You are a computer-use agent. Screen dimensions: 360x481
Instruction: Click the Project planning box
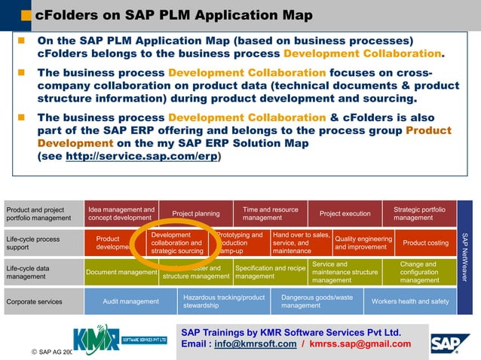(x=196, y=214)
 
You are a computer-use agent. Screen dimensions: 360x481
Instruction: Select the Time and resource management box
(x=270, y=214)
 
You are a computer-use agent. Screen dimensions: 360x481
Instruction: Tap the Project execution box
(x=345, y=214)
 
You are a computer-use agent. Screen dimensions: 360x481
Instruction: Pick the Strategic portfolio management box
(x=418, y=214)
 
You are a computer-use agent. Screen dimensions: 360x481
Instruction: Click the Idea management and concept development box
(x=121, y=214)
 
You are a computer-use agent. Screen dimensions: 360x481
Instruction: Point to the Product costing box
(x=425, y=243)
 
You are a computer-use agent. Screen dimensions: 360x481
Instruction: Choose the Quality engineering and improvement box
(x=363, y=243)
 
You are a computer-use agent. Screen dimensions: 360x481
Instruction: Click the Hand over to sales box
(x=301, y=243)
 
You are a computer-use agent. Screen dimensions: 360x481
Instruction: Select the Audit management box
(x=131, y=301)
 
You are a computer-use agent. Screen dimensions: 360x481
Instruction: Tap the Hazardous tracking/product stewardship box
(x=224, y=301)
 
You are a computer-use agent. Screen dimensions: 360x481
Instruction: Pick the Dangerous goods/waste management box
(x=317, y=301)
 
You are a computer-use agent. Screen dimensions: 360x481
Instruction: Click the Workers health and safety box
(x=409, y=301)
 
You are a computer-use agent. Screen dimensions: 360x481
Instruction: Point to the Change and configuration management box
(x=418, y=272)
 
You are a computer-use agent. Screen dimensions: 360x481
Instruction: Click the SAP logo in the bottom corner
(x=451, y=343)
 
